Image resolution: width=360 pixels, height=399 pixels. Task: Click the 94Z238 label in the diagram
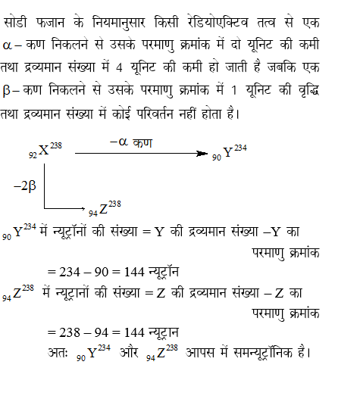tap(105, 208)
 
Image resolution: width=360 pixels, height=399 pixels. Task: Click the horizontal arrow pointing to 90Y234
tap(140, 154)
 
